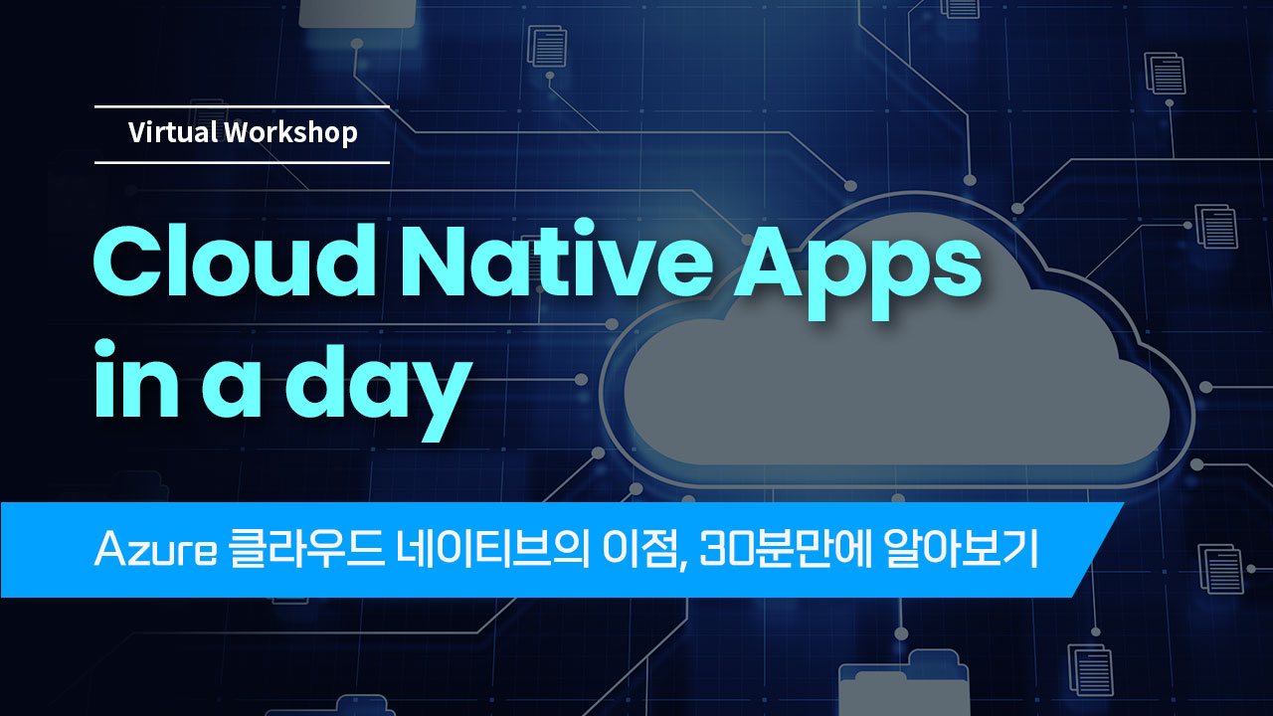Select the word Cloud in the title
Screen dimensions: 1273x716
click(234, 260)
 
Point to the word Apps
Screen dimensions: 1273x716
click(857, 271)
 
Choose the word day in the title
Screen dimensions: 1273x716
click(379, 390)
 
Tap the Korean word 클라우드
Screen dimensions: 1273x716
click(307, 550)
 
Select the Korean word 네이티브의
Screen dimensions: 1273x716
click(492, 550)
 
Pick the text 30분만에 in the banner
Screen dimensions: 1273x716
click(785, 550)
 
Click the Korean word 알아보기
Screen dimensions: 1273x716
click(961, 550)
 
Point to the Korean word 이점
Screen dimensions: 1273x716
click(643, 550)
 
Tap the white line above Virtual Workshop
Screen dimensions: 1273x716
click(242, 106)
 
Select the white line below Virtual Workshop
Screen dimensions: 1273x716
click(242, 162)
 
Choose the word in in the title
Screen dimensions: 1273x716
click(136, 379)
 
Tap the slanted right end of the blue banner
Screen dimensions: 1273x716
click(1098, 550)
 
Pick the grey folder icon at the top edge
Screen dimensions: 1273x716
click(357, 13)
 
